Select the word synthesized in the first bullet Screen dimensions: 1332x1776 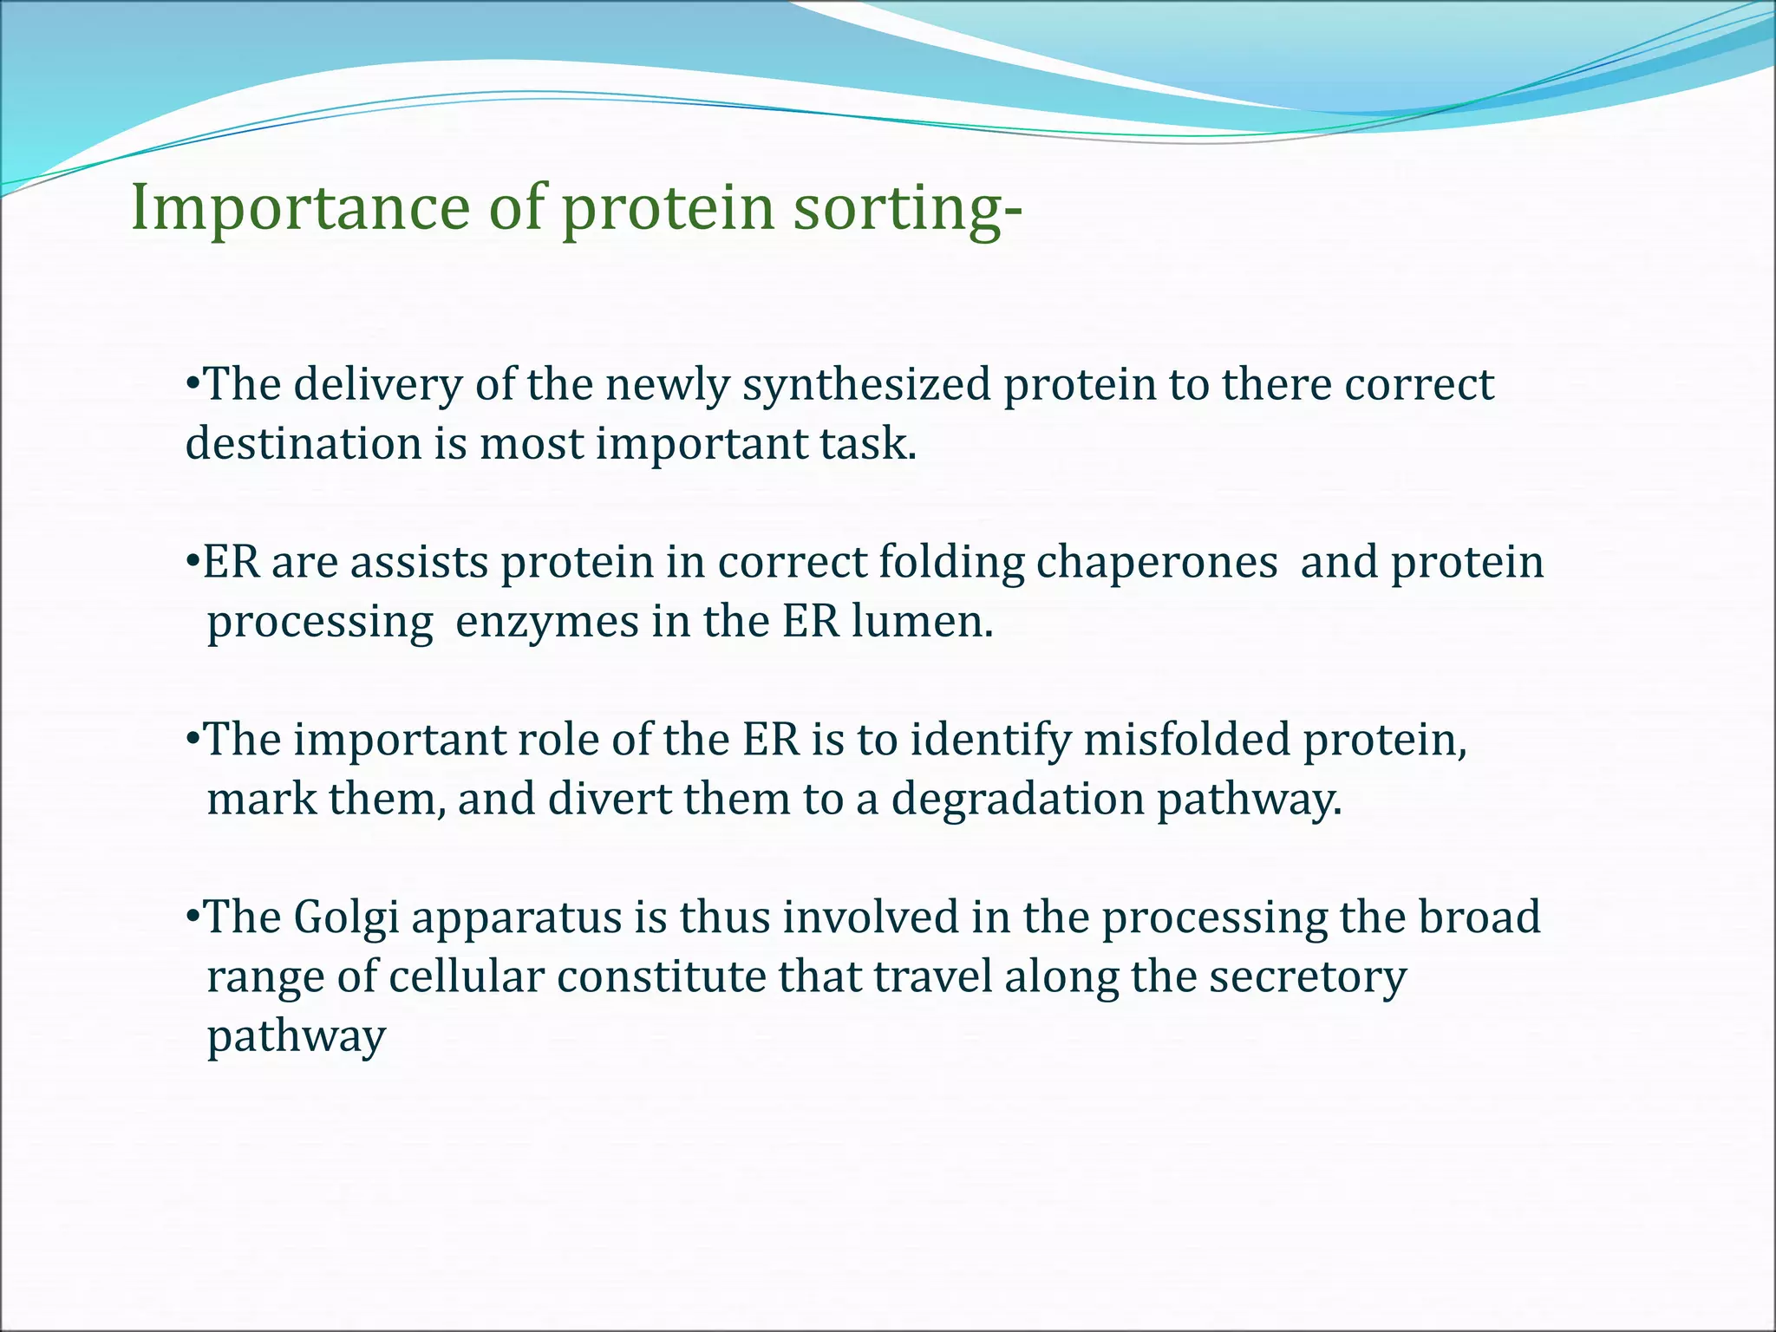click(866, 385)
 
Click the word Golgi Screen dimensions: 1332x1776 click(346, 918)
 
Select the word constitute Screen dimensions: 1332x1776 click(661, 977)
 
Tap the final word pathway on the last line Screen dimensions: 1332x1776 click(296, 1037)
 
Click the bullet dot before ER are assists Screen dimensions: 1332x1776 click(193, 562)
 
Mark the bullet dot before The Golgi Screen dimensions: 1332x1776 click(193, 917)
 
